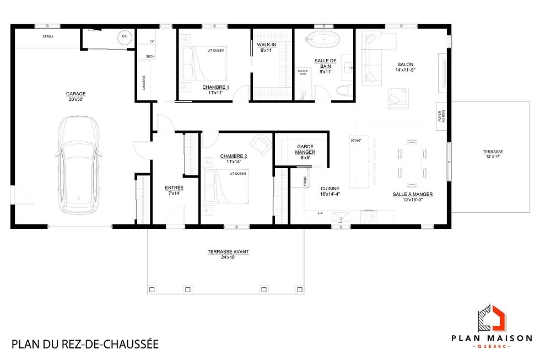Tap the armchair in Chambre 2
(x=258, y=144)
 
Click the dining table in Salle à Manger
(x=413, y=162)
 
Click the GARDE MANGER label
(x=305, y=151)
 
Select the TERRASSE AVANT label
(x=228, y=254)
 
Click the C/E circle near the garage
(x=124, y=37)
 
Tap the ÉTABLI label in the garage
(x=48, y=37)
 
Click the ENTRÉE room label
(x=174, y=190)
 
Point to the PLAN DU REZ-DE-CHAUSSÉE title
(x=85, y=345)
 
